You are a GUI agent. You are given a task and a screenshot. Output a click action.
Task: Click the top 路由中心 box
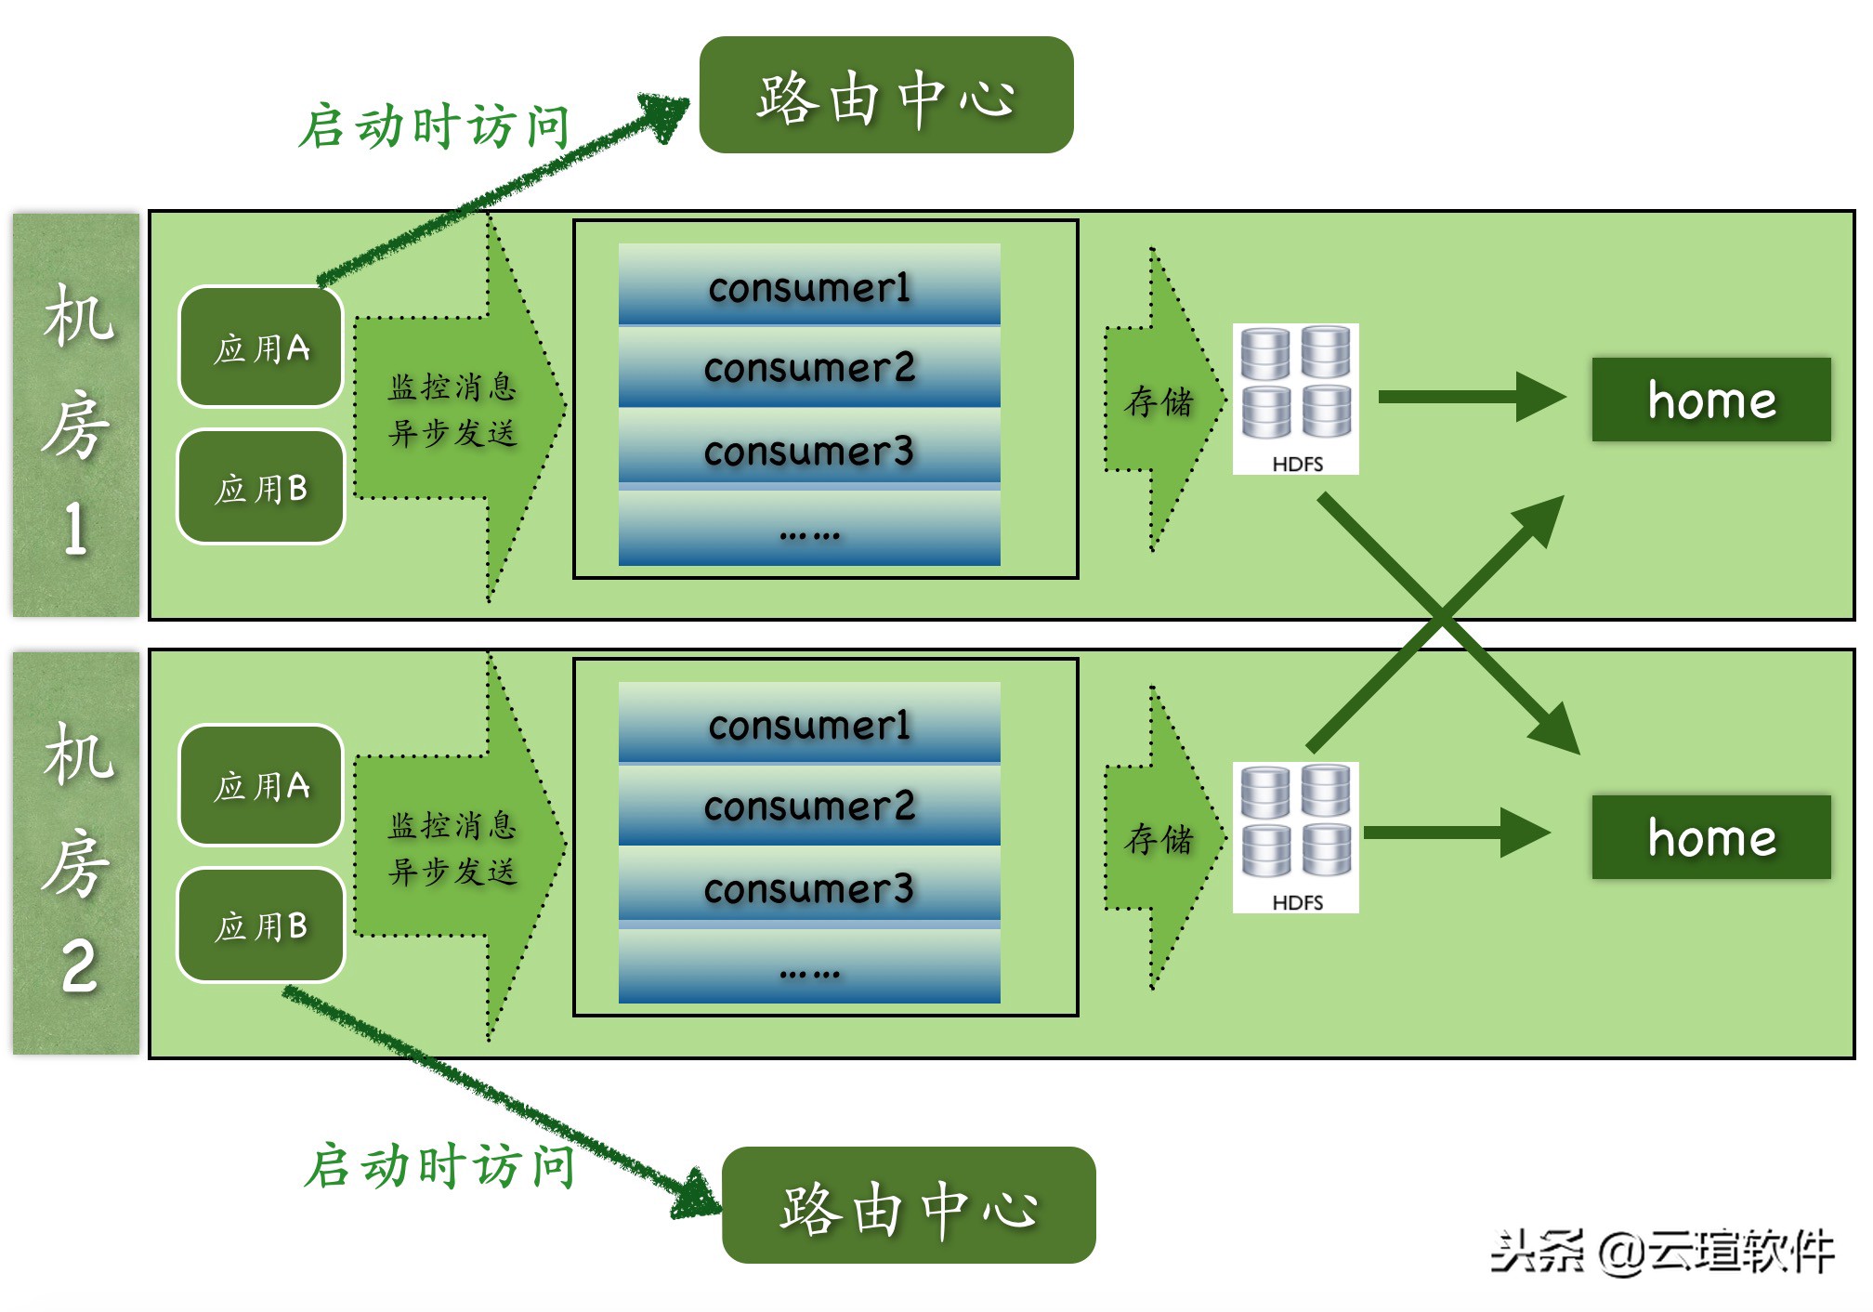[x=885, y=95]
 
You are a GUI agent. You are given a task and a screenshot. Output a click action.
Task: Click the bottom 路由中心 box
[x=908, y=1205]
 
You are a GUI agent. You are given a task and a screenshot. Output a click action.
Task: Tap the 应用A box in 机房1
[x=261, y=348]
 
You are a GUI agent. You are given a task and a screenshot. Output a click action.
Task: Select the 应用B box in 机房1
[x=261, y=487]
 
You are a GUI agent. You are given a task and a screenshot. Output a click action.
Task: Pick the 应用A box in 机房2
[x=261, y=785]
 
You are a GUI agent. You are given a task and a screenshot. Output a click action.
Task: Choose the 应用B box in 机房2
[x=261, y=925]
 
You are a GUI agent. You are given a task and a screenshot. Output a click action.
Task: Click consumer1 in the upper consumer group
[x=808, y=285]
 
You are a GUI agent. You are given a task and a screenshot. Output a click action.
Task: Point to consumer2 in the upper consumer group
[x=808, y=367]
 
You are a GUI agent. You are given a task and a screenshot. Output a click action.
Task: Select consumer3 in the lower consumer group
[x=808, y=887]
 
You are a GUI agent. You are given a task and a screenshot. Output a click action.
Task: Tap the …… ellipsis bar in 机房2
[x=808, y=968]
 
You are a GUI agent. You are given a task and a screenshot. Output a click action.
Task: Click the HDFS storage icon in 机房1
[x=1295, y=398]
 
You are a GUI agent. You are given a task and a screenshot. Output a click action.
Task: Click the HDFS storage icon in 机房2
[x=1295, y=836]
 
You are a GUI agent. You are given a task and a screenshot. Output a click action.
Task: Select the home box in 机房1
[x=1710, y=399]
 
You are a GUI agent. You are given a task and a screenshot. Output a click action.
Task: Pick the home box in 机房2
[x=1710, y=836]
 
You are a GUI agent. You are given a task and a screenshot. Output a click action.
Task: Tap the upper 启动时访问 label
[x=434, y=126]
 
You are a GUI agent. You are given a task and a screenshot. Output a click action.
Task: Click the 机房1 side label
[x=76, y=415]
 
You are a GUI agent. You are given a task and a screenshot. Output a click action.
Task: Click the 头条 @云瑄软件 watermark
[x=1662, y=1251]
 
